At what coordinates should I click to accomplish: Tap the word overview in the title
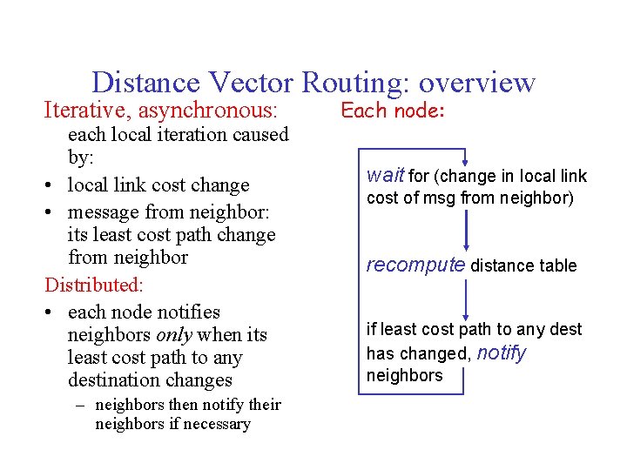point(476,83)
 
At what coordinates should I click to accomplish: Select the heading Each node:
point(393,111)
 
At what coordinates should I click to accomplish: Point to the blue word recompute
point(415,265)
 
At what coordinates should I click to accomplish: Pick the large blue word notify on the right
point(501,352)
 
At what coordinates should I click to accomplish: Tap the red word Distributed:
point(94,285)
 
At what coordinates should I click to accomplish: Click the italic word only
point(176,335)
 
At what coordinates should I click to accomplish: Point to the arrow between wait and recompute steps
point(468,230)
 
